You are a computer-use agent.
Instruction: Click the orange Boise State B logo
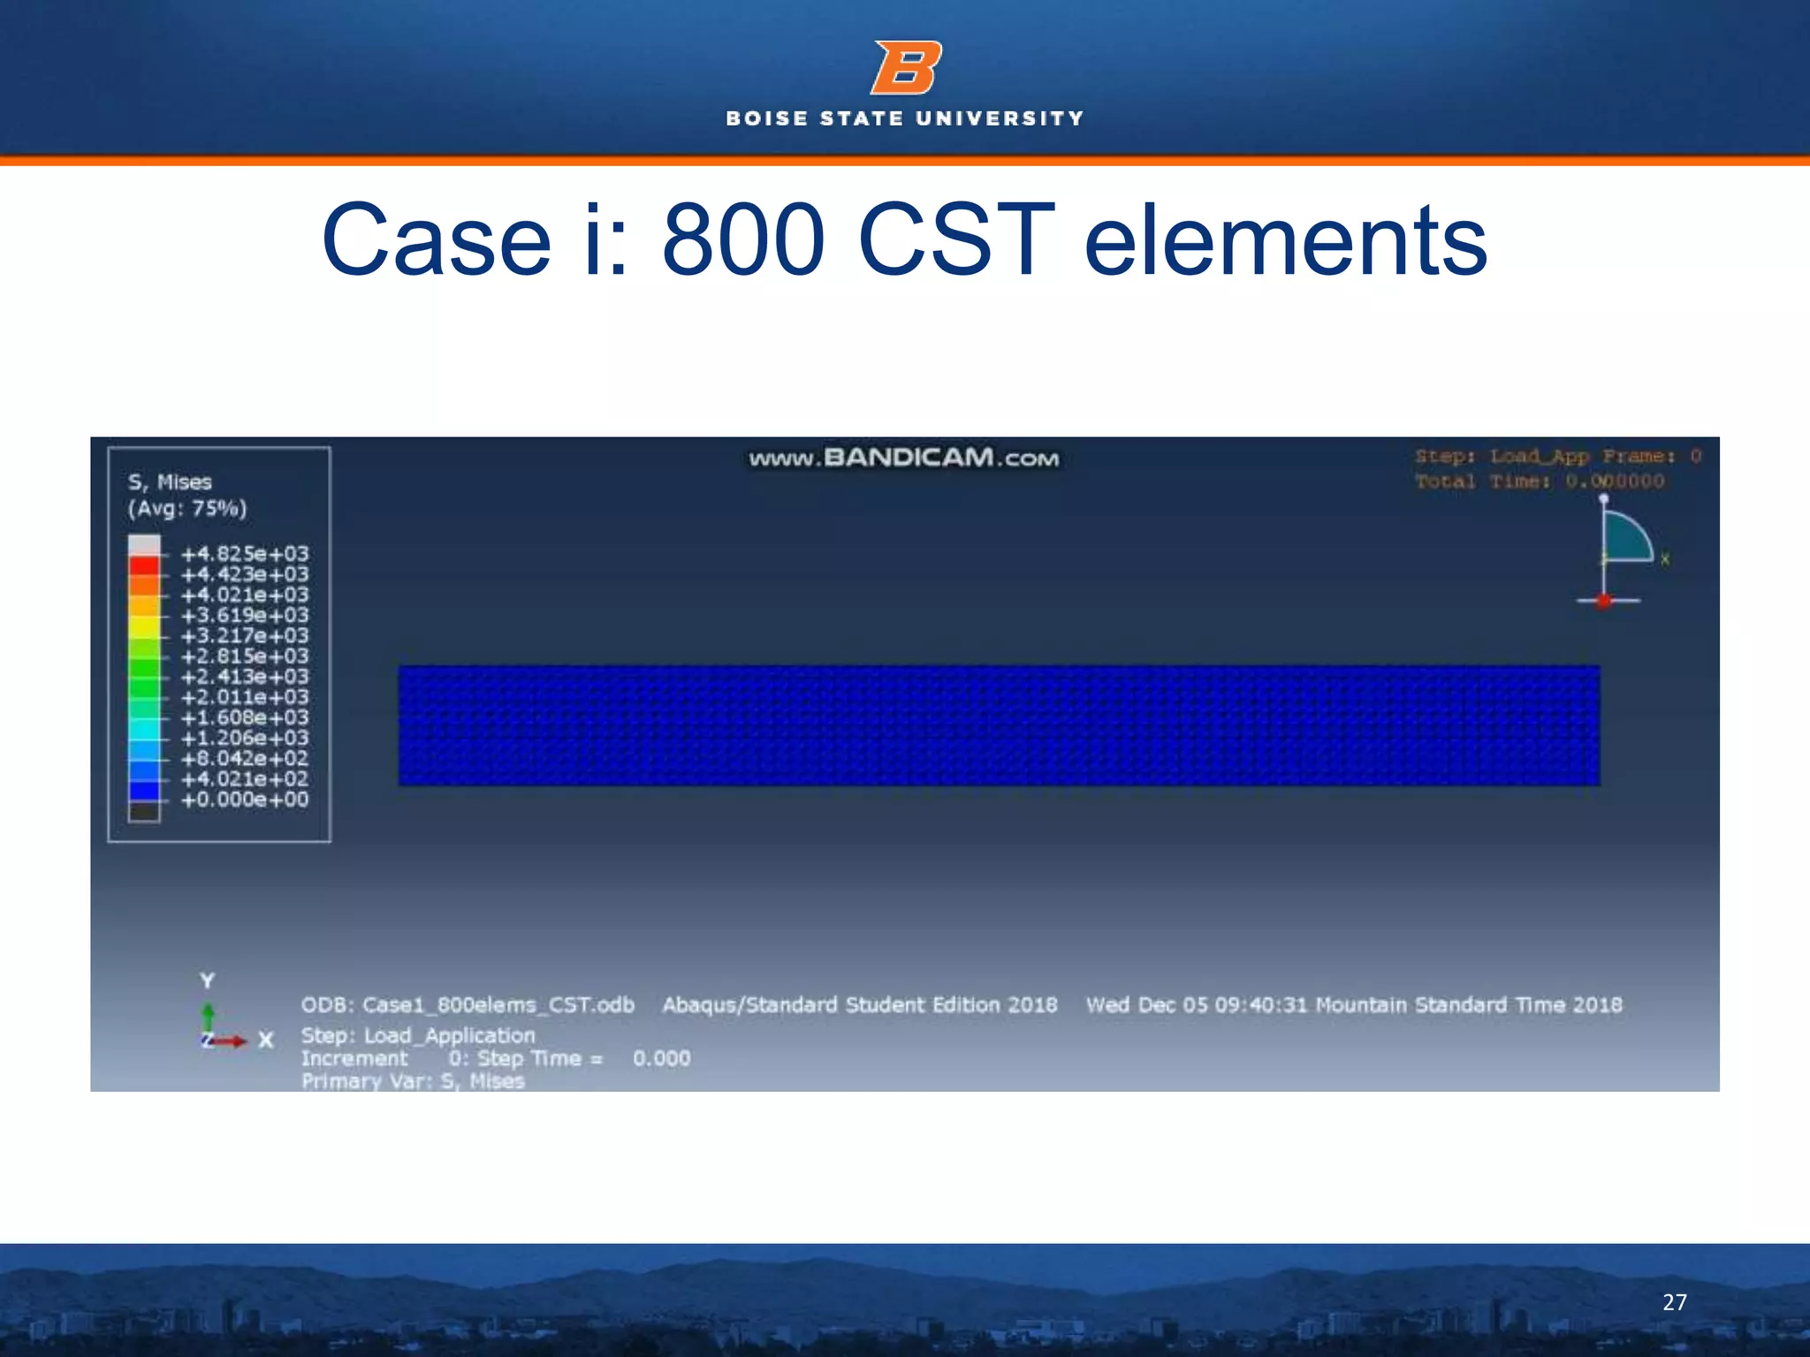point(906,68)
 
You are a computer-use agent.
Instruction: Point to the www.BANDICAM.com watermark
point(903,458)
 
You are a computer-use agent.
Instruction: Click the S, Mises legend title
point(170,482)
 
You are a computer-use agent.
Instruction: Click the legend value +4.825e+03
point(245,554)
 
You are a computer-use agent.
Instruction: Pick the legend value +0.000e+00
point(245,800)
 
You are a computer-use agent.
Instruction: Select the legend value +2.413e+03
point(245,677)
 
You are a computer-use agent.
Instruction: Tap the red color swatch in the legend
point(144,566)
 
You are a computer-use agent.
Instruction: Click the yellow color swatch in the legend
point(144,626)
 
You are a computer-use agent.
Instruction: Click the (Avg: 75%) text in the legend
point(187,509)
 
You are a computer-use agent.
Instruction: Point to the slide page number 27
point(1674,1302)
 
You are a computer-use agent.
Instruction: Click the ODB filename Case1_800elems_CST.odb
point(468,1005)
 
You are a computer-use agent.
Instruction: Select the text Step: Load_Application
point(418,1035)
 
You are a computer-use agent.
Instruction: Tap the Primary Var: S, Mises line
point(413,1081)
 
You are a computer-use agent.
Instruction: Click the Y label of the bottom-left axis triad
point(207,981)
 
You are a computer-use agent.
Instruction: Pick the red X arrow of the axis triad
point(231,1042)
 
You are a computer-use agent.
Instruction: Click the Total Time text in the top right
point(1539,481)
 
